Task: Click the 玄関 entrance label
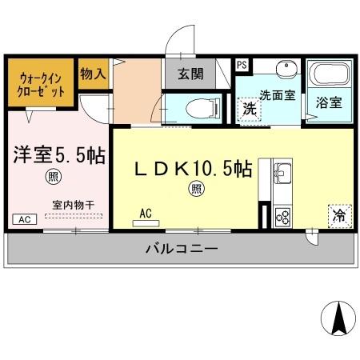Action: click(x=189, y=75)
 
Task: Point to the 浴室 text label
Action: click(x=328, y=102)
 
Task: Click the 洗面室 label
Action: click(x=276, y=94)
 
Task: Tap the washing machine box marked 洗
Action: click(x=249, y=110)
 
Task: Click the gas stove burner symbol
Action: click(x=283, y=214)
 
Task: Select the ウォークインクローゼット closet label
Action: click(x=40, y=86)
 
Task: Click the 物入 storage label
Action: click(x=93, y=74)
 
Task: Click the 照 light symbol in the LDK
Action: click(x=195, y=189)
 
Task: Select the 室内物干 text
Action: click(x=73, y=205)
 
